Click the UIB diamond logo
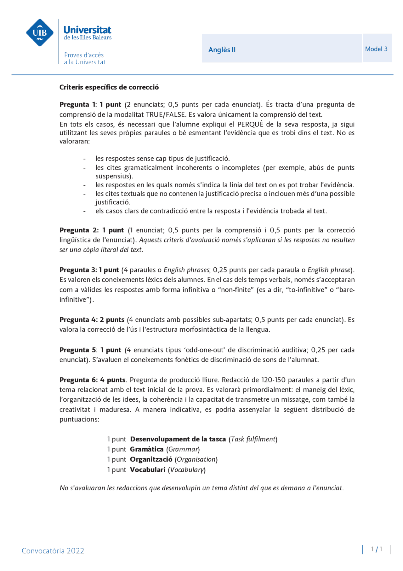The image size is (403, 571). coord(40,32)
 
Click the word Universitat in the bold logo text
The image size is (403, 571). coord(87,30)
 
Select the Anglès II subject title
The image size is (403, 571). coord(222,50)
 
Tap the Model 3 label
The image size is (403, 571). coord(376,49)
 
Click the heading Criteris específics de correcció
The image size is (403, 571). coord(109,87)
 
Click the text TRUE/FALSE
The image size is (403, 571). coord(165,114)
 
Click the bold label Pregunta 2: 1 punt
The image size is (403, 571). coord(92,230)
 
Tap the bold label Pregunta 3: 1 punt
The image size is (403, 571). coord(89,270)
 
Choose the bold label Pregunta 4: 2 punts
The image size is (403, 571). coord(92,320)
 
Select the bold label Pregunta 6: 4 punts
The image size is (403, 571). coord(93,380)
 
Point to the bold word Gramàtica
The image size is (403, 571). coord(146,449)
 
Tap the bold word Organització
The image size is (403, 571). coord(151,459)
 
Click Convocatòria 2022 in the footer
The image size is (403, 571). coord(53,551)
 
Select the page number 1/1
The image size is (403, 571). coord(377,549)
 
